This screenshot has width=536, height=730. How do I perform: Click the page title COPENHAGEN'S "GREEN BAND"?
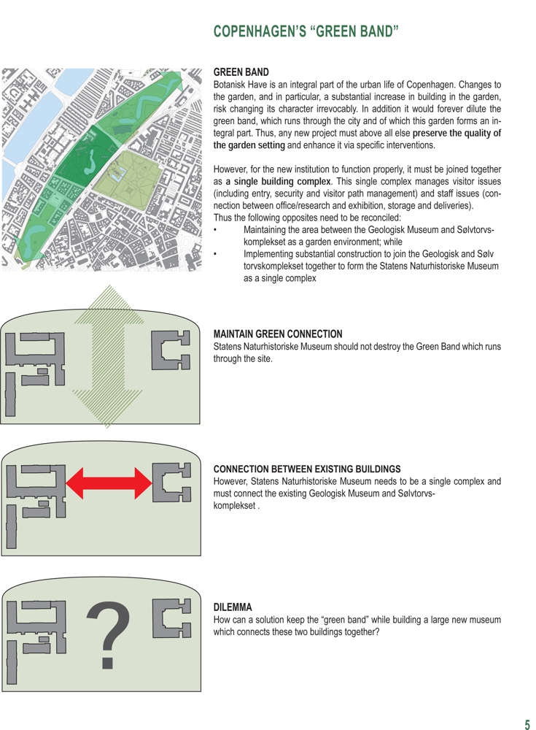point(306,31)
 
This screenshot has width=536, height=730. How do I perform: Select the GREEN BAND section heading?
point(241,72)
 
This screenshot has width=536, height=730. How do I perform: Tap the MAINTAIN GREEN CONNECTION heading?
point(277,334)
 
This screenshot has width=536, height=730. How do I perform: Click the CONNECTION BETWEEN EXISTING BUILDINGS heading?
point(307,469)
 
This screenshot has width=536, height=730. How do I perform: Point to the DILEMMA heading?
point(232,607)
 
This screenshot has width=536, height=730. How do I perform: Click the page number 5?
point(527,724)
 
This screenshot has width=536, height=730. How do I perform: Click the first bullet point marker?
point(216,230)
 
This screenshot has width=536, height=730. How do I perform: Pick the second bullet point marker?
point(216,254)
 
